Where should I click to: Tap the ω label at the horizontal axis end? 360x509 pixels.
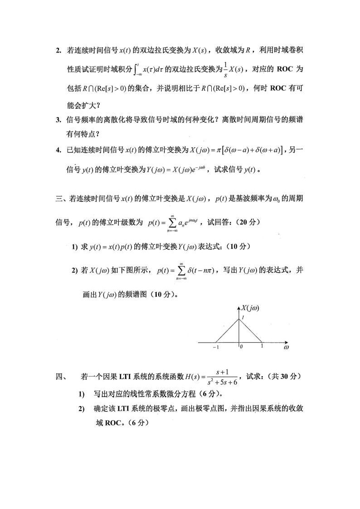(286, 348)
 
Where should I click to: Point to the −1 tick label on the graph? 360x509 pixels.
(215, 348)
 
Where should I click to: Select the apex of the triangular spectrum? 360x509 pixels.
(239, 320)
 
